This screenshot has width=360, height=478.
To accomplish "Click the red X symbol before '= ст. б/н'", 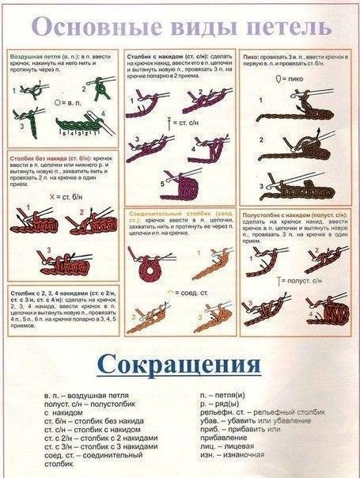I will coord(52,195).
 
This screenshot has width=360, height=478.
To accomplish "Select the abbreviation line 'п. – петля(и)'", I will coord(229,392).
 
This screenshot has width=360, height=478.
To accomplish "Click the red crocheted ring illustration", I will coord(146,268).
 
